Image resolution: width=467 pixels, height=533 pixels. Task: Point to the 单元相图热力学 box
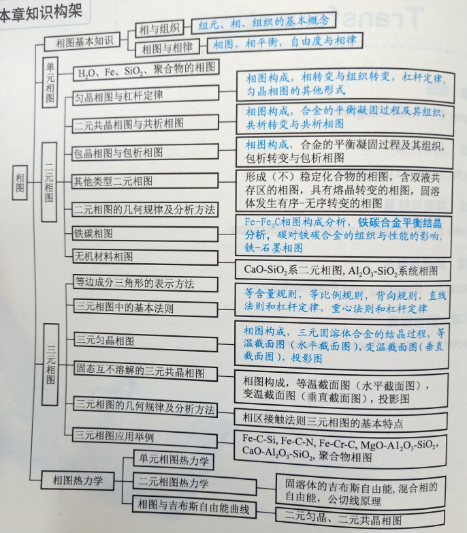click(x=172, y=460)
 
